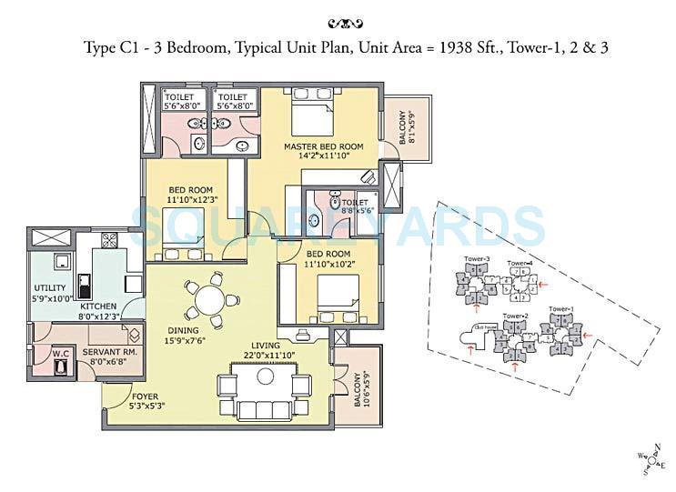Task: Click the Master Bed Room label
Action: (323, 146)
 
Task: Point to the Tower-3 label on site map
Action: (476, 259)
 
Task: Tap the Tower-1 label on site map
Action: (560, 310)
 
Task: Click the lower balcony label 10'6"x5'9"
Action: (364, 390)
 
